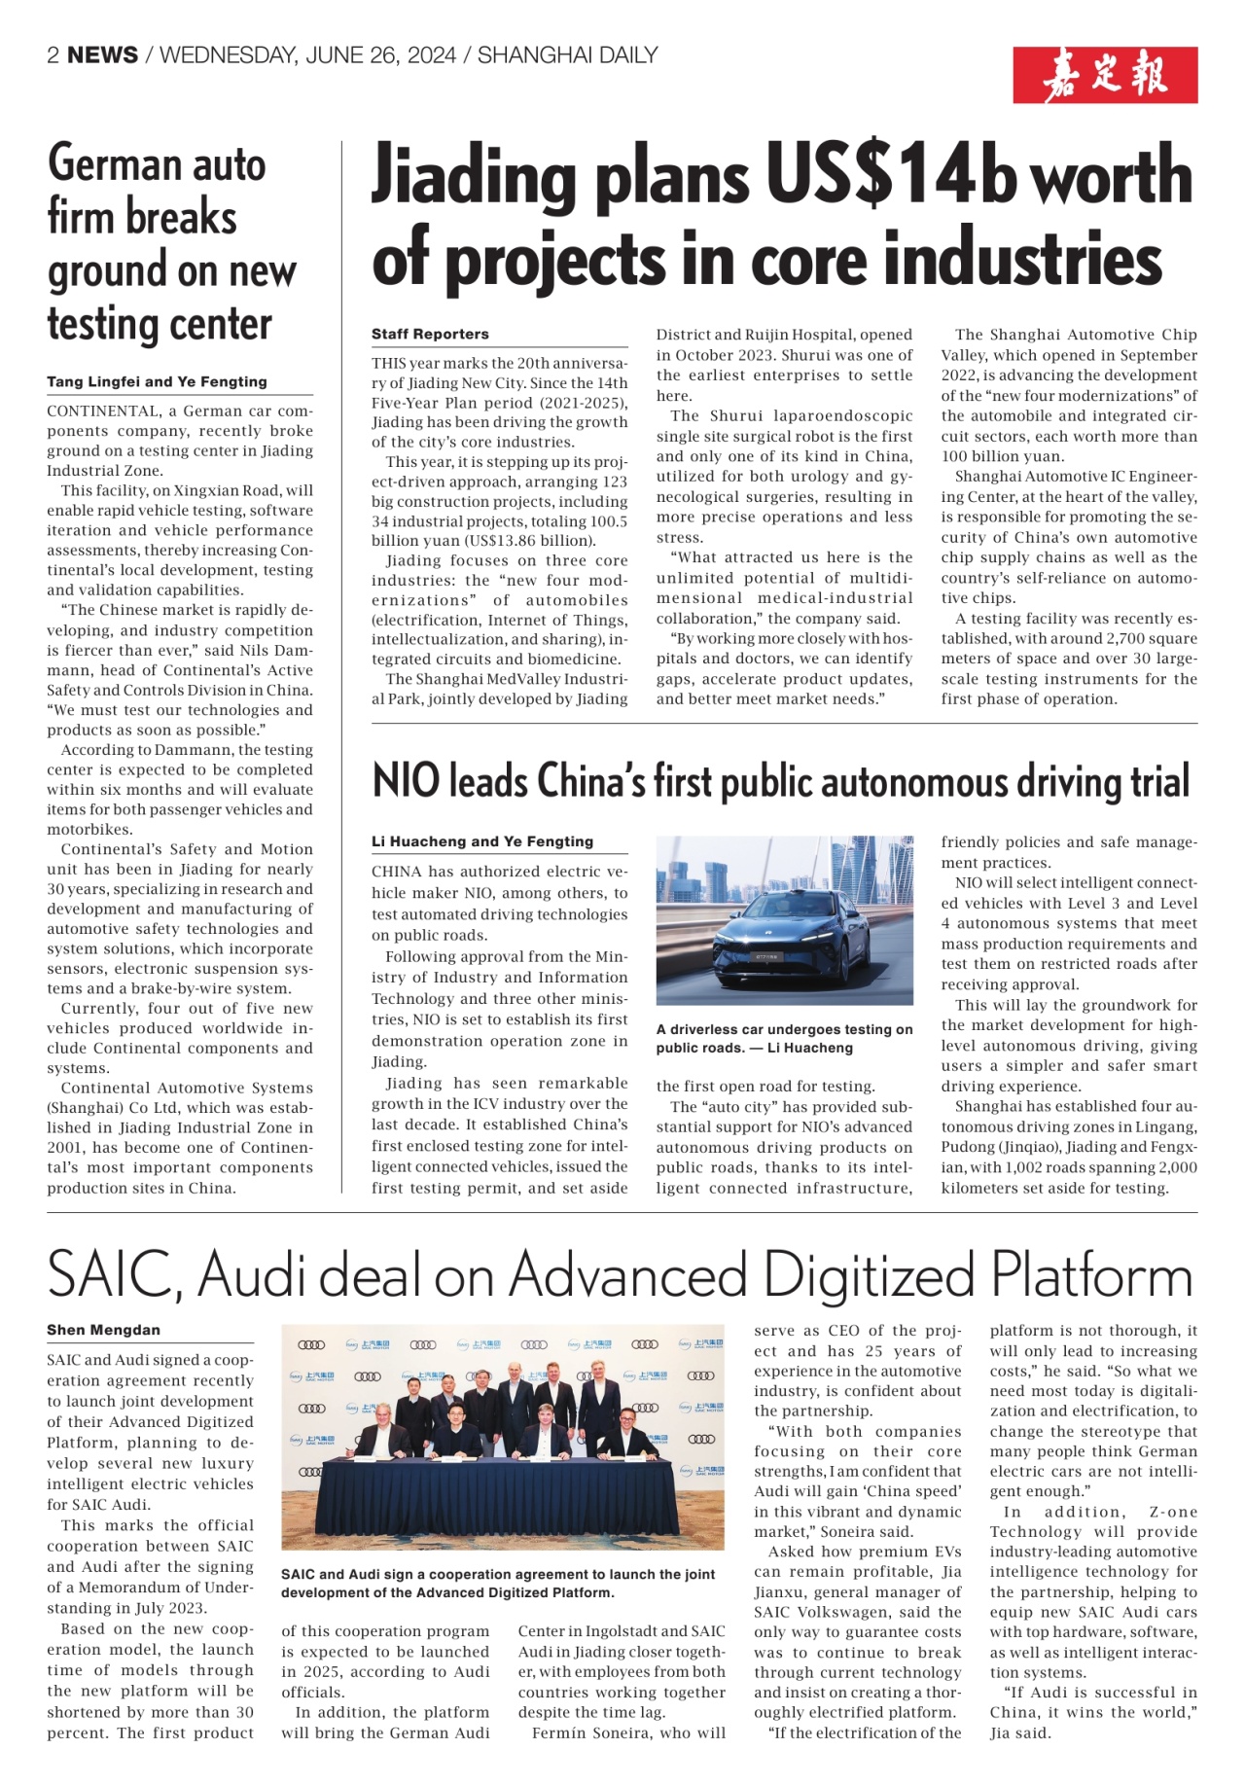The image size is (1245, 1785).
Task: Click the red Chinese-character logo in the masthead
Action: (1105, 75)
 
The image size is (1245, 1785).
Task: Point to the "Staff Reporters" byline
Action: (430, 334)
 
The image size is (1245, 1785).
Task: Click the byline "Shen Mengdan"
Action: (103, 1330)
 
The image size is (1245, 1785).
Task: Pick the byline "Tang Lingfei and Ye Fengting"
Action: (157, 381)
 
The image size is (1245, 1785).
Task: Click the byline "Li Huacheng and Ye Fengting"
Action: (481, 841)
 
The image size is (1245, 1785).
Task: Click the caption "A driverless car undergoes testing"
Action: (784, 1039)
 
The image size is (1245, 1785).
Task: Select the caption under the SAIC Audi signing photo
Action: (498, 1583)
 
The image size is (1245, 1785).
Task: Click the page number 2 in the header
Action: (53, 55)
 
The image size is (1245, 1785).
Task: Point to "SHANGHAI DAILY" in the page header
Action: (567, 55)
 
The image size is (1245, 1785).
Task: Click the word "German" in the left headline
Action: (116, 163)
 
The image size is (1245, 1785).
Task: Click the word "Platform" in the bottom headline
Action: (1090, 1274)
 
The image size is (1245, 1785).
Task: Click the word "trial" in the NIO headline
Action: (1160, 781)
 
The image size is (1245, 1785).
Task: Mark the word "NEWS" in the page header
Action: (102, 55)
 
